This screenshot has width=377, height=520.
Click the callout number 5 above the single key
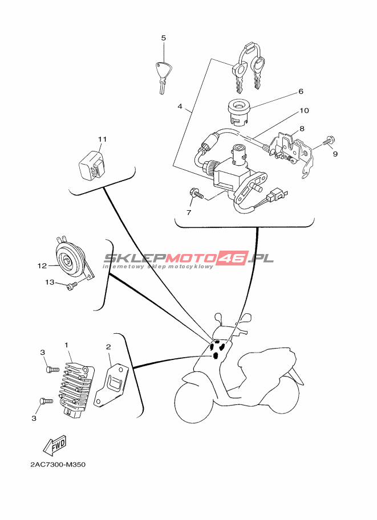[163, 38]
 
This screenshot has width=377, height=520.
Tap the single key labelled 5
[163, 75]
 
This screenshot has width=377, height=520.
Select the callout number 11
[102, 139]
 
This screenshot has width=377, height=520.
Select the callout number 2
[108, 346]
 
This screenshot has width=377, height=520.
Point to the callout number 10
[304, 110]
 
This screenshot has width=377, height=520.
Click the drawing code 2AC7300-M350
[58, 465]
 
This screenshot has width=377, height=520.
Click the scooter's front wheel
[197, 402]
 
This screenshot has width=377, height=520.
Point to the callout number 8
[302, 129]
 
